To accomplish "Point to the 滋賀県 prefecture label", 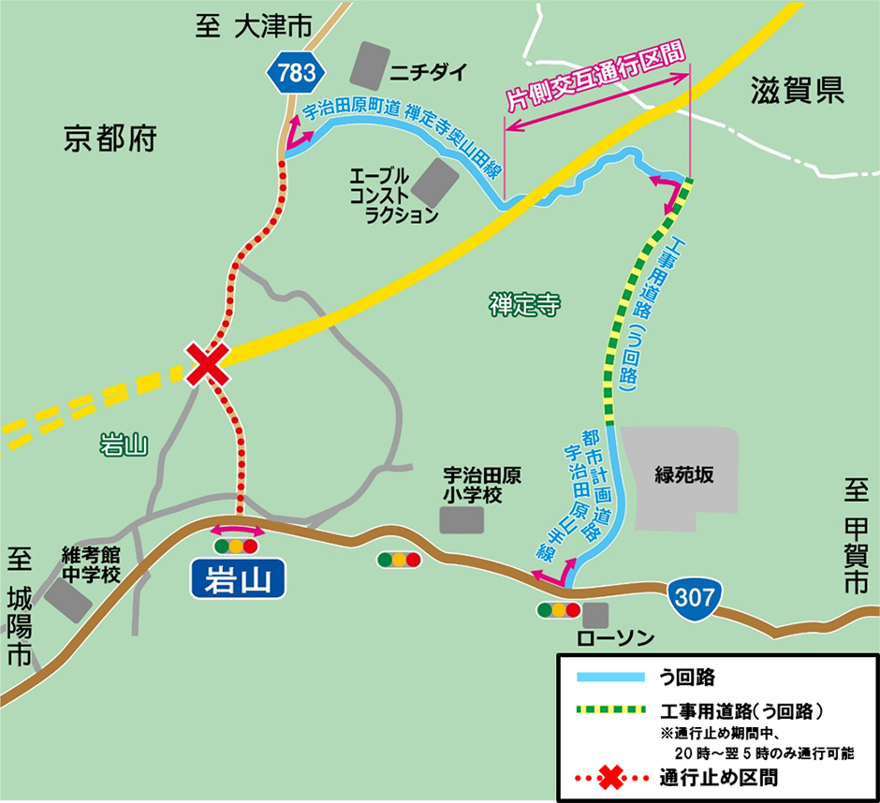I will pos(798,90).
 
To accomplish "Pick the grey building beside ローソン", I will pos(594,615).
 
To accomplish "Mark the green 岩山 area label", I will pos(124,445).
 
